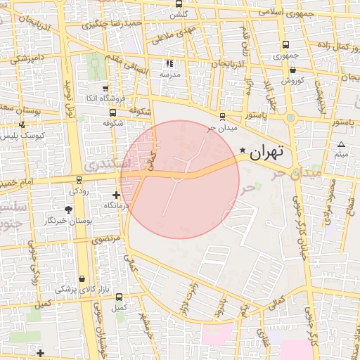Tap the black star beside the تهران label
243,150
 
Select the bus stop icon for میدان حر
223,117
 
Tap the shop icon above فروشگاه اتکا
105,89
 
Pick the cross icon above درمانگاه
116,195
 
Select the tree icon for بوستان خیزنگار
68,210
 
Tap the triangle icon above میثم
341,144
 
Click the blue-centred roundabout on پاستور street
291,118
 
